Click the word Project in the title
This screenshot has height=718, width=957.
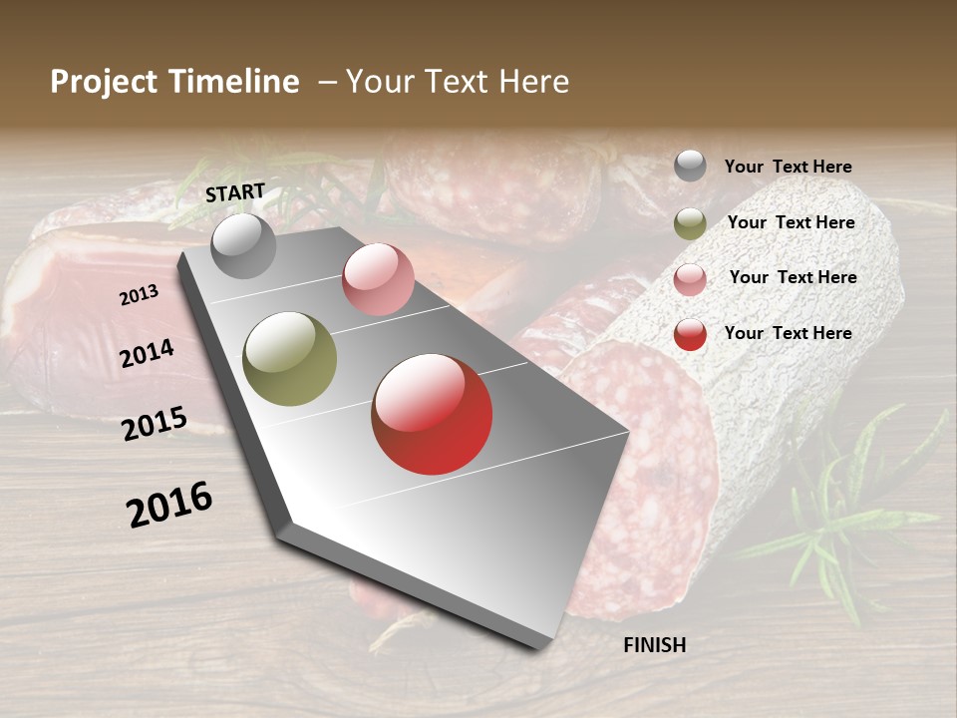pos(103,82)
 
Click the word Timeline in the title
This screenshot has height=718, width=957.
pos(235,82)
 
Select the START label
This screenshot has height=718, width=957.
pos(235,192)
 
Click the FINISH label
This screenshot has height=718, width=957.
pos(655,645)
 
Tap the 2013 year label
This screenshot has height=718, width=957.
pos(140,295)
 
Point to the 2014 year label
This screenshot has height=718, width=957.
pos(148,353)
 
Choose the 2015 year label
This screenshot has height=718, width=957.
pos(155,424)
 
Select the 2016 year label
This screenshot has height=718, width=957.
pos(169,504)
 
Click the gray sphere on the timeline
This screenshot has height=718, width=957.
pos(243,246)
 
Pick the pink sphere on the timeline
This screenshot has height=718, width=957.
pos(378,279)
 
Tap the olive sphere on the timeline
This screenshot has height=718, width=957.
pos(289,359)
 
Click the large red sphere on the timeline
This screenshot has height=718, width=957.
pos(432,414)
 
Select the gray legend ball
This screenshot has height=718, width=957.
pos(690,166)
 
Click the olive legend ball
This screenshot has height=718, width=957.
pos(690,223)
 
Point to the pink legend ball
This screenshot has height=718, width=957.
pos(690,279)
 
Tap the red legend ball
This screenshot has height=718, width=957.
pos(690,334)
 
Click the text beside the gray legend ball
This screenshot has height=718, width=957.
pos(789,168)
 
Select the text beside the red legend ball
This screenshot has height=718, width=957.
pos(789,333)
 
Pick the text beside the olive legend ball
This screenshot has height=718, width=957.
pos(792,222)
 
